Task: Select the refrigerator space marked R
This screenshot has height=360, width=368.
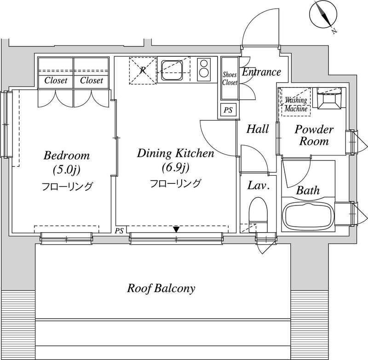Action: (x=143, y=70)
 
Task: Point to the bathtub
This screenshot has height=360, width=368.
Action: (x=308, y=216)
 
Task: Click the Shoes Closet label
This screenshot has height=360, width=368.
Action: (x=230, y=79)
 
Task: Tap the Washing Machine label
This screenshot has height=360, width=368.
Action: (x=296, y=104)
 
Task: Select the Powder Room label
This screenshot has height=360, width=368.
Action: (x=314, y=135)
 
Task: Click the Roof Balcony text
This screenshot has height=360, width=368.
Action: (x=161, y=288)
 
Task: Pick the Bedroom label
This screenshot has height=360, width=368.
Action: (x=67, y=155)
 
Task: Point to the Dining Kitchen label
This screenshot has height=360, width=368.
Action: (x=176, y=154)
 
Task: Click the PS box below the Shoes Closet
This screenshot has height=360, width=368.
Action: (x=228, y=110)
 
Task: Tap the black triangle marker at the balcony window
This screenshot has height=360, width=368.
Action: (x=177, y=229)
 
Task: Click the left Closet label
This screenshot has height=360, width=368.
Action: (x=56, y=80)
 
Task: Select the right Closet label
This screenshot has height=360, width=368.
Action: (x=92, y=80)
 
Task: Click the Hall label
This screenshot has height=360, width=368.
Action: (x=258, y=129)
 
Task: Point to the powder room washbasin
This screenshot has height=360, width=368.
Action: (x=329, y=98)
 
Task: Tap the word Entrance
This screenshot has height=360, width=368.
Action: (x=261, y=72)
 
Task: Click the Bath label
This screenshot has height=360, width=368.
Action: (x=308, y=190)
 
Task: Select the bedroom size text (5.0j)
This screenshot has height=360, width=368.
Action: (x=67, y=170)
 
